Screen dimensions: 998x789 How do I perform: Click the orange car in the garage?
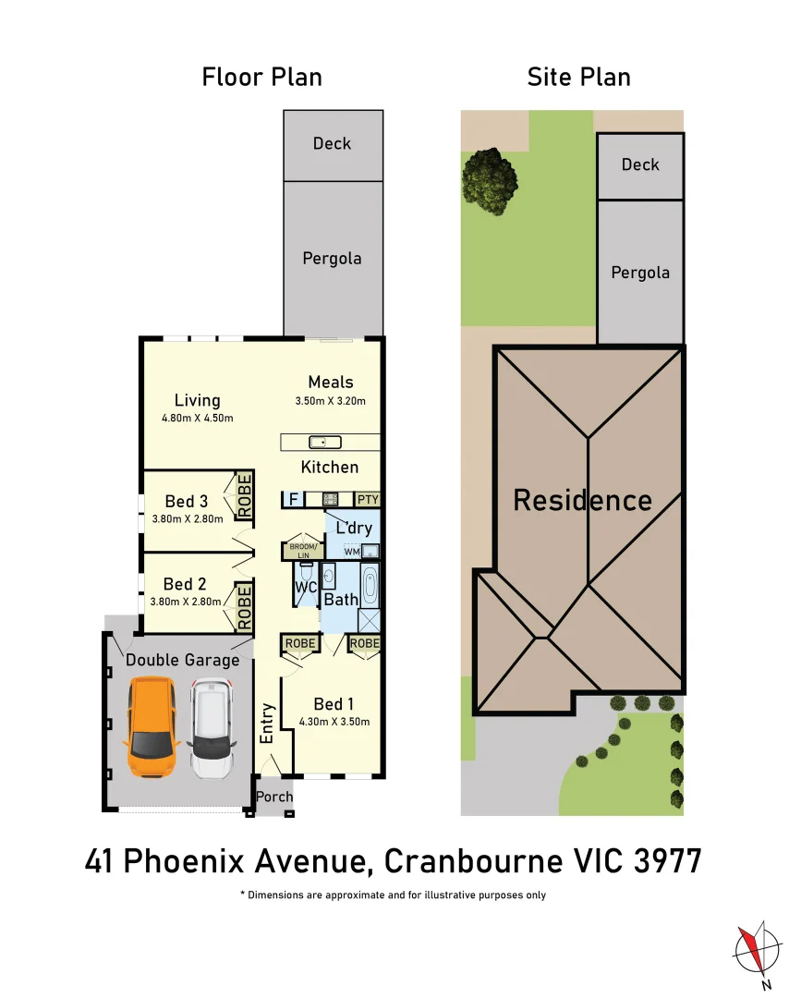152,728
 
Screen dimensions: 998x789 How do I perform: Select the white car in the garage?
211,728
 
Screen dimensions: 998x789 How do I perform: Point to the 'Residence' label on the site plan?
582,501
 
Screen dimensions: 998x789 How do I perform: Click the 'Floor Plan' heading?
262,77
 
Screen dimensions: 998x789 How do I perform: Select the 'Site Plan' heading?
578,77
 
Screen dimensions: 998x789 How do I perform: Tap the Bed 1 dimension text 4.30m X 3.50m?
334,722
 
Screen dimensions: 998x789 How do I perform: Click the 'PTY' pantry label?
367,499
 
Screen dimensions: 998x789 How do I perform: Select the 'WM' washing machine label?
351,552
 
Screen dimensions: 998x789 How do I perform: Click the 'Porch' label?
274,797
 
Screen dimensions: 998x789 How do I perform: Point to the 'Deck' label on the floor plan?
332,143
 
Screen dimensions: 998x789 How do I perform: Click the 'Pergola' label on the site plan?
639,273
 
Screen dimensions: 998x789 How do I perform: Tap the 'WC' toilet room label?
305,587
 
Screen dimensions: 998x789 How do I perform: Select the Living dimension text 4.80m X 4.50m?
197,419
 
